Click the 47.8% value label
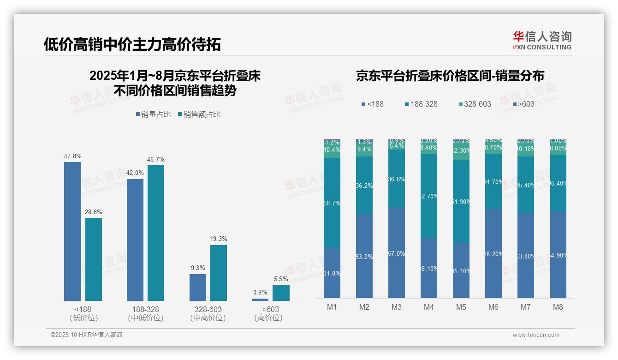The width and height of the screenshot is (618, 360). pos(72,156)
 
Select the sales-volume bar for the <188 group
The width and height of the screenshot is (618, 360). pos(72,231)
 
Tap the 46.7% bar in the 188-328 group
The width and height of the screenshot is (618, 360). pos(156,233)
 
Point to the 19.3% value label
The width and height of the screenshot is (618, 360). pos(219,239)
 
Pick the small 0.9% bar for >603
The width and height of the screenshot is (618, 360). pos(260,300)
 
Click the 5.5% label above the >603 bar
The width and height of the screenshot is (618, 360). pos(281,279)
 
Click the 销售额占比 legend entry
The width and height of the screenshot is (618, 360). pos(199,114)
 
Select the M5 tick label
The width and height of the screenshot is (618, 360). pos(461,307)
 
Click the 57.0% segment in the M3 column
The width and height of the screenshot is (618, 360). pos(396,253)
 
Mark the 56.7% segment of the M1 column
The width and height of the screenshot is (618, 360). pos(332,203)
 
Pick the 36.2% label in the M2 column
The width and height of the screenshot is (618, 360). pos(364,186)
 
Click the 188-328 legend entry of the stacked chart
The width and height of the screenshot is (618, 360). pos(421,104)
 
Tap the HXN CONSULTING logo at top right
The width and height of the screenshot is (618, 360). pos(542,41)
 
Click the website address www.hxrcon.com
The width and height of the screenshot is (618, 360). pos(536,335)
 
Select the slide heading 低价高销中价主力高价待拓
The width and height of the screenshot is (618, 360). pos(132,44)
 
